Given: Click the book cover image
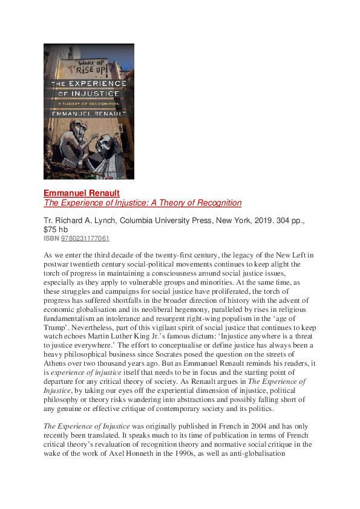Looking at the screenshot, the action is click(x=89, y=111).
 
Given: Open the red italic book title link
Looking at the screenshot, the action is click(x=142, y=203).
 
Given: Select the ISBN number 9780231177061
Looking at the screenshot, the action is click(x=85, y=239).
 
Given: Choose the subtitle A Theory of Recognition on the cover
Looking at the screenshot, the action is click(x=89, y=104).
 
